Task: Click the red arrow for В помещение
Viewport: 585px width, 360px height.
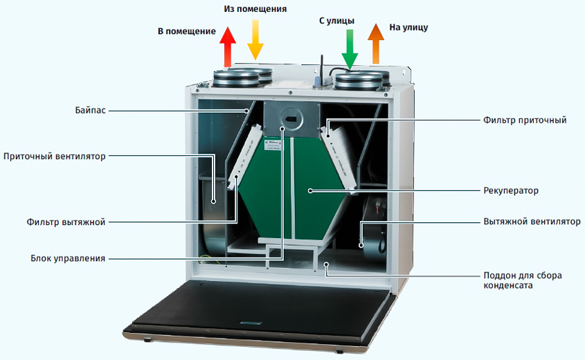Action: click(228, 47)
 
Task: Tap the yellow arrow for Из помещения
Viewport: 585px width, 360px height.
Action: click(255, 40)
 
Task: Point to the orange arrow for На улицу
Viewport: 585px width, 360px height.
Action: click(376, 44)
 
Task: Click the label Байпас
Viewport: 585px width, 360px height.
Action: click(90, 111)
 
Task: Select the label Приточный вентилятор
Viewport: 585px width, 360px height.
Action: click(55, 156)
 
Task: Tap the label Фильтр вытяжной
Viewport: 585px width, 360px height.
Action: click(66, 222)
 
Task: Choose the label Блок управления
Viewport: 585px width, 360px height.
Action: click(68, 258)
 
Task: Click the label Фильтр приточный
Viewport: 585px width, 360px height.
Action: click(525, 120)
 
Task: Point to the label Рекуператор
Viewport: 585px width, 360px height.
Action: click(511, 190)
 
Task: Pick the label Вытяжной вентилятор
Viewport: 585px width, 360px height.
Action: click(532, 222)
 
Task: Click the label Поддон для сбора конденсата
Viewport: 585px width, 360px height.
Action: click(523, 280)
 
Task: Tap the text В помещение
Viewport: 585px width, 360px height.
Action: click(186, 31)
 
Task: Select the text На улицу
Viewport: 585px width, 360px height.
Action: click(408, 27)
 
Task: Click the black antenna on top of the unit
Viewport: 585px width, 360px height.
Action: click(320, 71)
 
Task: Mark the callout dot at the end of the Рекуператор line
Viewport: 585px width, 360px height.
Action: click(310, 190)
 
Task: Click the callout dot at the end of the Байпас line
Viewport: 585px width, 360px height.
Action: click(246, 111)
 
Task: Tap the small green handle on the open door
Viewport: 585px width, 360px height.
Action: click(251, 323)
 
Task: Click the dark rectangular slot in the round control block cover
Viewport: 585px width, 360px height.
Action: click(290, 119)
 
